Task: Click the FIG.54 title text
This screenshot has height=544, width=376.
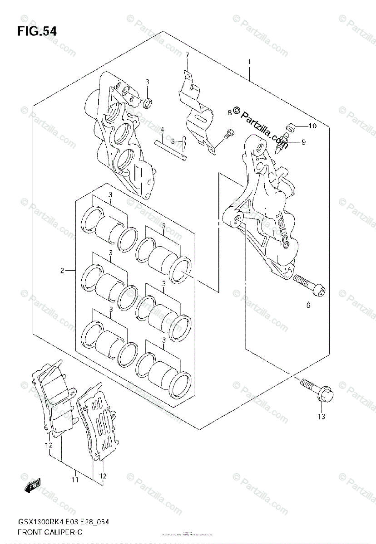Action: coord(37,31)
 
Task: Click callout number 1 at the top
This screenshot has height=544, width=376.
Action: coord(249,62)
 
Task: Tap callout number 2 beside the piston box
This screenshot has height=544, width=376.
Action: coord(62,271)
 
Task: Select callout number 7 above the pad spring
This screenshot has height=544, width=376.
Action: coord(187,55)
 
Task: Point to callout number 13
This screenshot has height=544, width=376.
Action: coord(322,417)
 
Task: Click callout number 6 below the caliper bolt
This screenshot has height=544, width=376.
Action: coord(308,305)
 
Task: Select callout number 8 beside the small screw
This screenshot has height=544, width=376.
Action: coord(229,112)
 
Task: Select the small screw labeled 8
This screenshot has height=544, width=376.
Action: coord(230,133)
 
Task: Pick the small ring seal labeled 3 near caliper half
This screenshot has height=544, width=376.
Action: coord(148,104)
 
